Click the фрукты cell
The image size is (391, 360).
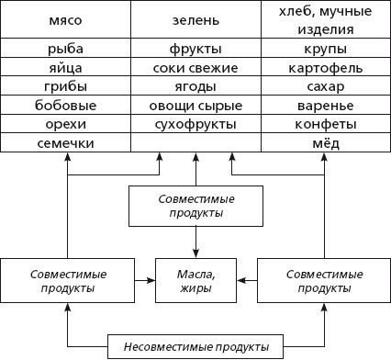point(195,48)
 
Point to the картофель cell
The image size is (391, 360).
point(325,67)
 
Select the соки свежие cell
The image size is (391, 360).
point(195,67)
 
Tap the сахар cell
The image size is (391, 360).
point(325,86)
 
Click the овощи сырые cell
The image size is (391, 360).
point(195,106)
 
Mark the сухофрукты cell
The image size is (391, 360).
point(195,124)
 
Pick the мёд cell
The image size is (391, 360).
point(325,143)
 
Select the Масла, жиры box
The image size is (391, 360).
point(195,281)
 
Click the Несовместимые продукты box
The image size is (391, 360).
point(195,347)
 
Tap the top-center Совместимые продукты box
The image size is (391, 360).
point(195,206)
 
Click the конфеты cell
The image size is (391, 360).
point(325,124)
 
